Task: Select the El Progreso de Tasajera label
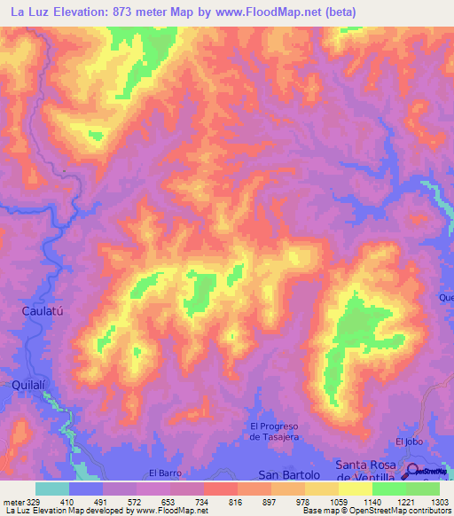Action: click(276, 431)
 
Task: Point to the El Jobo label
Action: click(411, 442)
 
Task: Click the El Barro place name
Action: click(164, 473)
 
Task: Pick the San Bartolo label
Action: click(287, 475)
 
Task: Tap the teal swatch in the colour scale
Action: click(52, 489)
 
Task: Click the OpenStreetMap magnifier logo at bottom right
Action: click(414, 473)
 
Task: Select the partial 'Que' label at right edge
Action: click(445, 298)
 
